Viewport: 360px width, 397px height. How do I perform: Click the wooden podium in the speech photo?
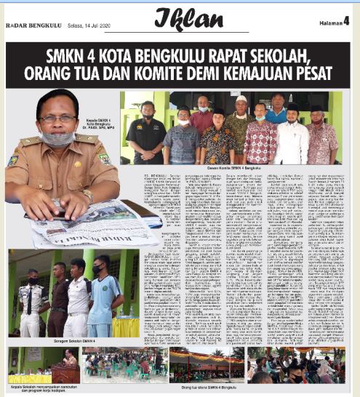(x=63, y=374)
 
